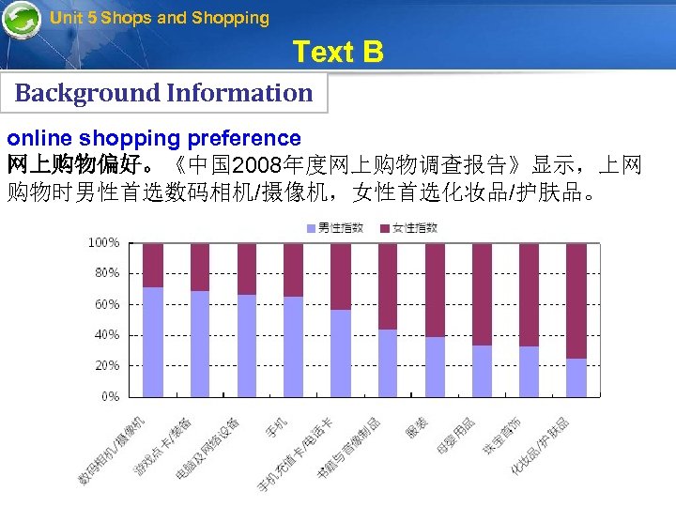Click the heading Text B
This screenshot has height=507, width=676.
pyautogui.click(x=338, y=52)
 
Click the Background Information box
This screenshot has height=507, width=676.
pyautogui.click(x=164, y=93)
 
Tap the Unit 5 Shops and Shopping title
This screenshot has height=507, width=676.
pyautogui.click(x=159, y=18)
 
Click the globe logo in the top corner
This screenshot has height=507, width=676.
pyautogui.click(x=22, y=20)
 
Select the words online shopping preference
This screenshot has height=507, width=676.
pyautogui.click(x=154, y=139)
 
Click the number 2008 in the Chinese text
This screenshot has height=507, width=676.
pyautogui.click(x=256, y=166)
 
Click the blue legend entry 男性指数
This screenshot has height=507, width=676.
pyautogui.click(x=336, y=227)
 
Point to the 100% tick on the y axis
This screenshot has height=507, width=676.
pyautogui.click(x=104, y=242)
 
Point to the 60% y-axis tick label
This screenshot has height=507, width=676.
pyautogui.click(x=107, y=304)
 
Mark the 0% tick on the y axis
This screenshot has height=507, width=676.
pyautogui.click(x=110, y=396)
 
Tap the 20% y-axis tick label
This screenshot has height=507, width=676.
pyautogui.click(x=107, y=365)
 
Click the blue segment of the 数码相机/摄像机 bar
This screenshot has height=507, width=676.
pyautogui.click(x=153, y=341)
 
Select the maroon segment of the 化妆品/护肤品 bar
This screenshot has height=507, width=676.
pyautogui.click(x=576, y=300)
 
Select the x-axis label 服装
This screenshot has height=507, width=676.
pyautogui.click(x=417, y=430)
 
